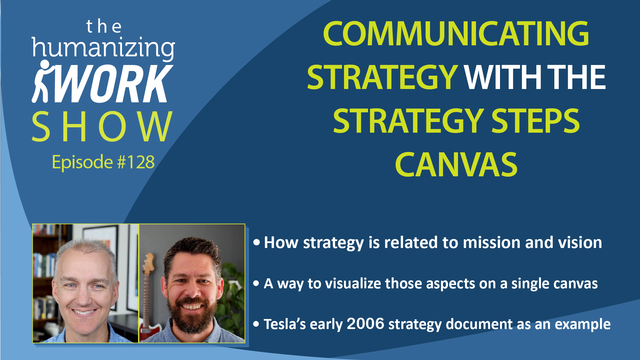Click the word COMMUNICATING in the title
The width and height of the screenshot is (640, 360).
click(x=456, y=34)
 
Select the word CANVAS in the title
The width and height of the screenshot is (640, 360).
click(x=456, y=164)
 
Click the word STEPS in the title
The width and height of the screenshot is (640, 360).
click(x=535, y=121)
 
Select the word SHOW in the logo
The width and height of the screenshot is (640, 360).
click(x=102, y=127)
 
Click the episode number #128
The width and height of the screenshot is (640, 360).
click(x=136, y=162)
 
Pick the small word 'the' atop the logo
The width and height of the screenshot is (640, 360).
click(x=104, y=26)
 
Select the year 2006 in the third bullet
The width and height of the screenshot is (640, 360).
click(x=365, y=324)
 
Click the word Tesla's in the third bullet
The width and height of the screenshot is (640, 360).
click(x=285, y=324)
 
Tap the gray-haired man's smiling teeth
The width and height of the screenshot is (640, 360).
click(x=84, y=312)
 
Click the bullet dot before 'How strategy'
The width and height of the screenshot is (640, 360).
click(x=256, y=243)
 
